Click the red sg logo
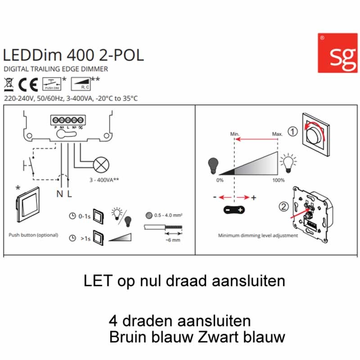click(337, 53)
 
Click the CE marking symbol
click(29, 84)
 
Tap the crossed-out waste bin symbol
click(9, 84)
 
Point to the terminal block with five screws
click(68, 121)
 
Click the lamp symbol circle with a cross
click(102, 164)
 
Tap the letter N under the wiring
click(59, 194)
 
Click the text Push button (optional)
click(33, 235)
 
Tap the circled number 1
click(293, 132)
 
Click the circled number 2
click(283, 207)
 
